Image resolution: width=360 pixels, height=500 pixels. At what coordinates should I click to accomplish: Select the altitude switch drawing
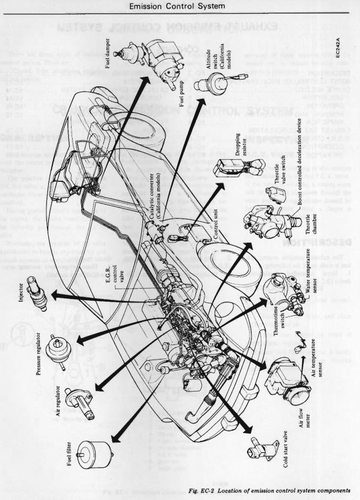210,86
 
